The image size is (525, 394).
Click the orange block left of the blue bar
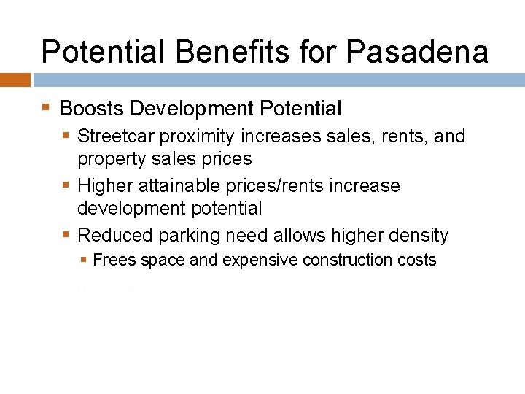[15, 80]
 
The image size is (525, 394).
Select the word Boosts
[91, 109]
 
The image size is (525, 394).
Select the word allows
[297, 235]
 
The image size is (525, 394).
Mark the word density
[419, 236]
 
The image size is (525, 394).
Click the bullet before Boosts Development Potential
[46, 108]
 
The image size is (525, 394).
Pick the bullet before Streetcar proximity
[66, 136]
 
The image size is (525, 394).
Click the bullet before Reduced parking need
[66, 235]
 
